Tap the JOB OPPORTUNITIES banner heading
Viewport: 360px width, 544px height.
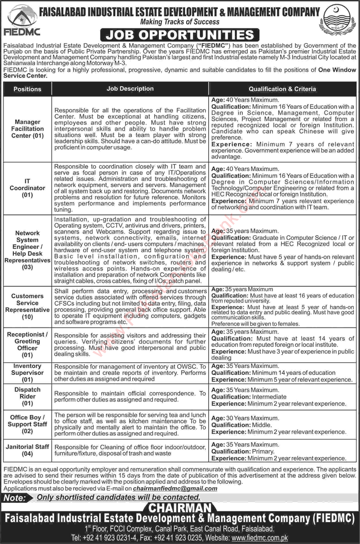[x=180, y=35]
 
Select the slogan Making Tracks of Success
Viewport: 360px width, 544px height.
[x=180, y=21]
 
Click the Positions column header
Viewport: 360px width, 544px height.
[x=28, y=89]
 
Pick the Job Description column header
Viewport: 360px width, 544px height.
[x=130, y=89]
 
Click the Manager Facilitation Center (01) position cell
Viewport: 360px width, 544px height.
[x=28, y=129]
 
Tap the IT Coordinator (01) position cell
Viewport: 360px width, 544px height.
[x=28, y=188]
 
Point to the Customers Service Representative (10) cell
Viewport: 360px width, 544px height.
[x=28, y=306]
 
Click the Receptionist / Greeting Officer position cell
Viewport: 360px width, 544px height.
[x=28, y=345]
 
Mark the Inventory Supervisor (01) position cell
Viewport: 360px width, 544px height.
[x=28, y=373]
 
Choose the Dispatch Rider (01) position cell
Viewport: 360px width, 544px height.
[x=28, y=396]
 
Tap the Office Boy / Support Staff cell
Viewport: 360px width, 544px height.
[x=28, y=424]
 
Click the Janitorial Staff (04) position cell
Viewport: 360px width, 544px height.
[x=28, y=450]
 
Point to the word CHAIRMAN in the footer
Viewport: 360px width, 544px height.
[x=180, y=508]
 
